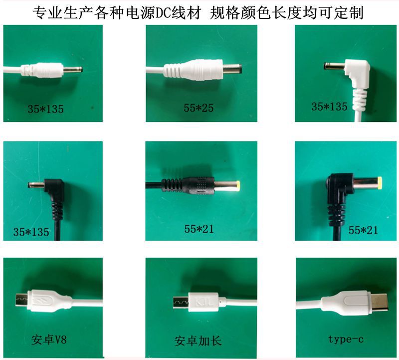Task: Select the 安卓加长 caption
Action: (198, 342)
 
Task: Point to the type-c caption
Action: (346, 339)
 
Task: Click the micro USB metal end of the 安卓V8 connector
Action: (20, 301)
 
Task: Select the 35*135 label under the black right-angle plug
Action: (31, 232)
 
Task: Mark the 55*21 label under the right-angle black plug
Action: (363, 230)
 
